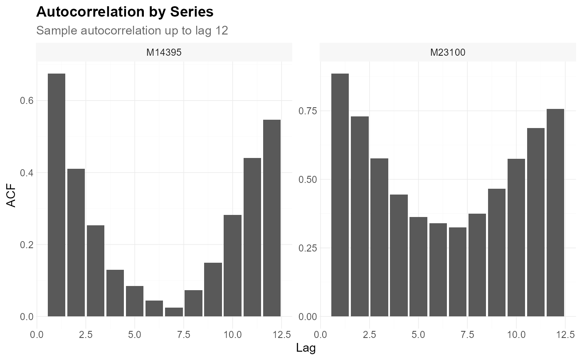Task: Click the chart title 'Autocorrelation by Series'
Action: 125,12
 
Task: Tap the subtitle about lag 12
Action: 132,31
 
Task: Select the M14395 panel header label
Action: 164,52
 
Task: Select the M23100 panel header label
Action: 448,52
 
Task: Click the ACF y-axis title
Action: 11,195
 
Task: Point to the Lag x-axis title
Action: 306,348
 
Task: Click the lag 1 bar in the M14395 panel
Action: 57,195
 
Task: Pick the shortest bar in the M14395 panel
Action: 174,312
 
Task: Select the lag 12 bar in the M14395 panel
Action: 272,218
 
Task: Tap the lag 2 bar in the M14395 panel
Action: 76,243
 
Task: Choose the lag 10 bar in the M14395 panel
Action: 232,266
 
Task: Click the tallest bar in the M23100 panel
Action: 340,195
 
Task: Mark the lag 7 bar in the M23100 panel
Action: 458,272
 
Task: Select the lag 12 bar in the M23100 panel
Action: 555,213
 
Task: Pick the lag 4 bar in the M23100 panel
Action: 399,256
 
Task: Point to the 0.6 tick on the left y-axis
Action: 27,101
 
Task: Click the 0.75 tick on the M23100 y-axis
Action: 308,111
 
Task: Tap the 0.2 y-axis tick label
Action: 27,245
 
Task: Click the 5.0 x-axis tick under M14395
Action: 135,335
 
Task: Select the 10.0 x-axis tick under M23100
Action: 516,335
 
